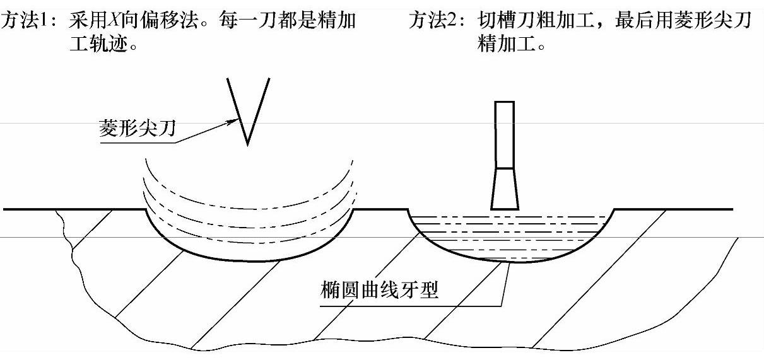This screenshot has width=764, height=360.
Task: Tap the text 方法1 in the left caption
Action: [x=26, y=21]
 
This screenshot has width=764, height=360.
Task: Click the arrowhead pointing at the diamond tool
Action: [x=233, y=122]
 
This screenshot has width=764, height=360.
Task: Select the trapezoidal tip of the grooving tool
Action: [x=505, y=189]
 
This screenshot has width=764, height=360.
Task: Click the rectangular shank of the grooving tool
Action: [x=505, y=134]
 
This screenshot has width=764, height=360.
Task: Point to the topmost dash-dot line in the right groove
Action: [x=511, y=218]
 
